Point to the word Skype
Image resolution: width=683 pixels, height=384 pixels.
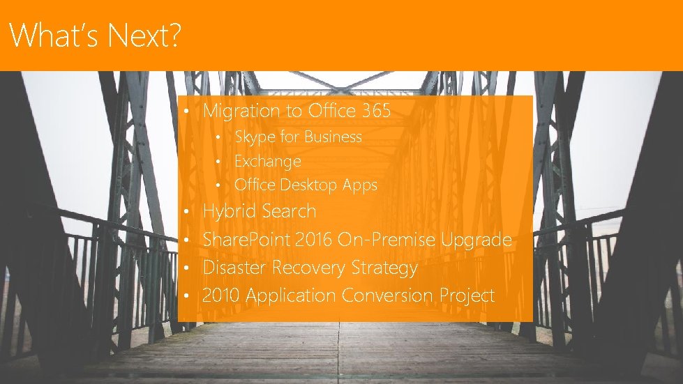point(255,137)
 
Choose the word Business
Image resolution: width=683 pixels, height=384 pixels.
point(333,137)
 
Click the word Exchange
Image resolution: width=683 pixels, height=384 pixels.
point(268,162)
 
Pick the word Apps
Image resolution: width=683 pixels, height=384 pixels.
point(361,185)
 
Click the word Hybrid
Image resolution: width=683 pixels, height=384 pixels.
point(229,212)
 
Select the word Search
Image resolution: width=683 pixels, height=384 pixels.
point(290,212)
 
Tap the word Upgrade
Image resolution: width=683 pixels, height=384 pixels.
point(476,240)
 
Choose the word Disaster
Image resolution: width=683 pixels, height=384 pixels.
point(234,268)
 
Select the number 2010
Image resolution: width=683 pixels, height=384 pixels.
point(222,296)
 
